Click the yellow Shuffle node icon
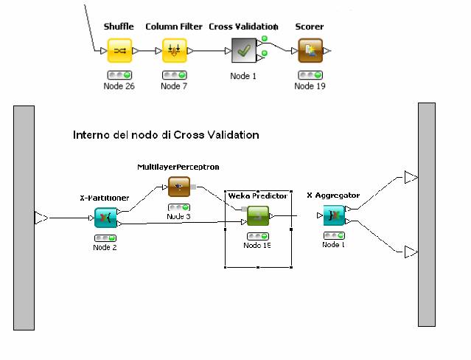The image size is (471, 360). coord(119,51)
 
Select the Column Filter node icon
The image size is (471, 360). coord(174,51)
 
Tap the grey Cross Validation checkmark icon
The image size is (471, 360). coord(244,51)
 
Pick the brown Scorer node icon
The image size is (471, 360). coord(310,51)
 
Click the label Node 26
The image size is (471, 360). coord(119,86)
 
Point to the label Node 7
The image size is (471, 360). coord(174,86)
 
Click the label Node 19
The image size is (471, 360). coord(310,86)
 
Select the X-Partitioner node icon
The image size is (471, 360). coord(105,218)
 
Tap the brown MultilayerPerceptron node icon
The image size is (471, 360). coord(179,187)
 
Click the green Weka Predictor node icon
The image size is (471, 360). coord(258,216)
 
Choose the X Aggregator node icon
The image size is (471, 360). coord(334,215)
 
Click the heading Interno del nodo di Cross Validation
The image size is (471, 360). coord(166,136)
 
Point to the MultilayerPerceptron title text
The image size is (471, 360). coord(178,167)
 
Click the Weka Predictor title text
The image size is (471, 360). coord(257,195)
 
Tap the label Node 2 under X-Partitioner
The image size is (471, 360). coord(105,247)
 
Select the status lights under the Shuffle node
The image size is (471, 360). coord(119,75)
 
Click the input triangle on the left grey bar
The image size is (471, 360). coord(41,218)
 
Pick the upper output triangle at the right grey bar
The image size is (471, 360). coord(411,177)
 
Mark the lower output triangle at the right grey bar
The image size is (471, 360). coord(411,253)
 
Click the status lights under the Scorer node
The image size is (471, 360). coord(310,75)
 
